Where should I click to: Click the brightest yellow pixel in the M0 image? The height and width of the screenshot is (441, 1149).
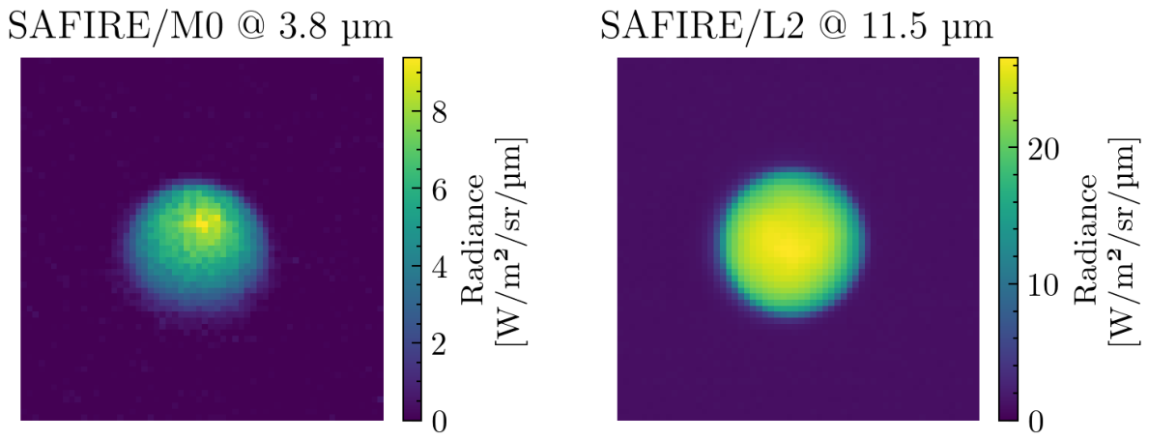tap(203, 222)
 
